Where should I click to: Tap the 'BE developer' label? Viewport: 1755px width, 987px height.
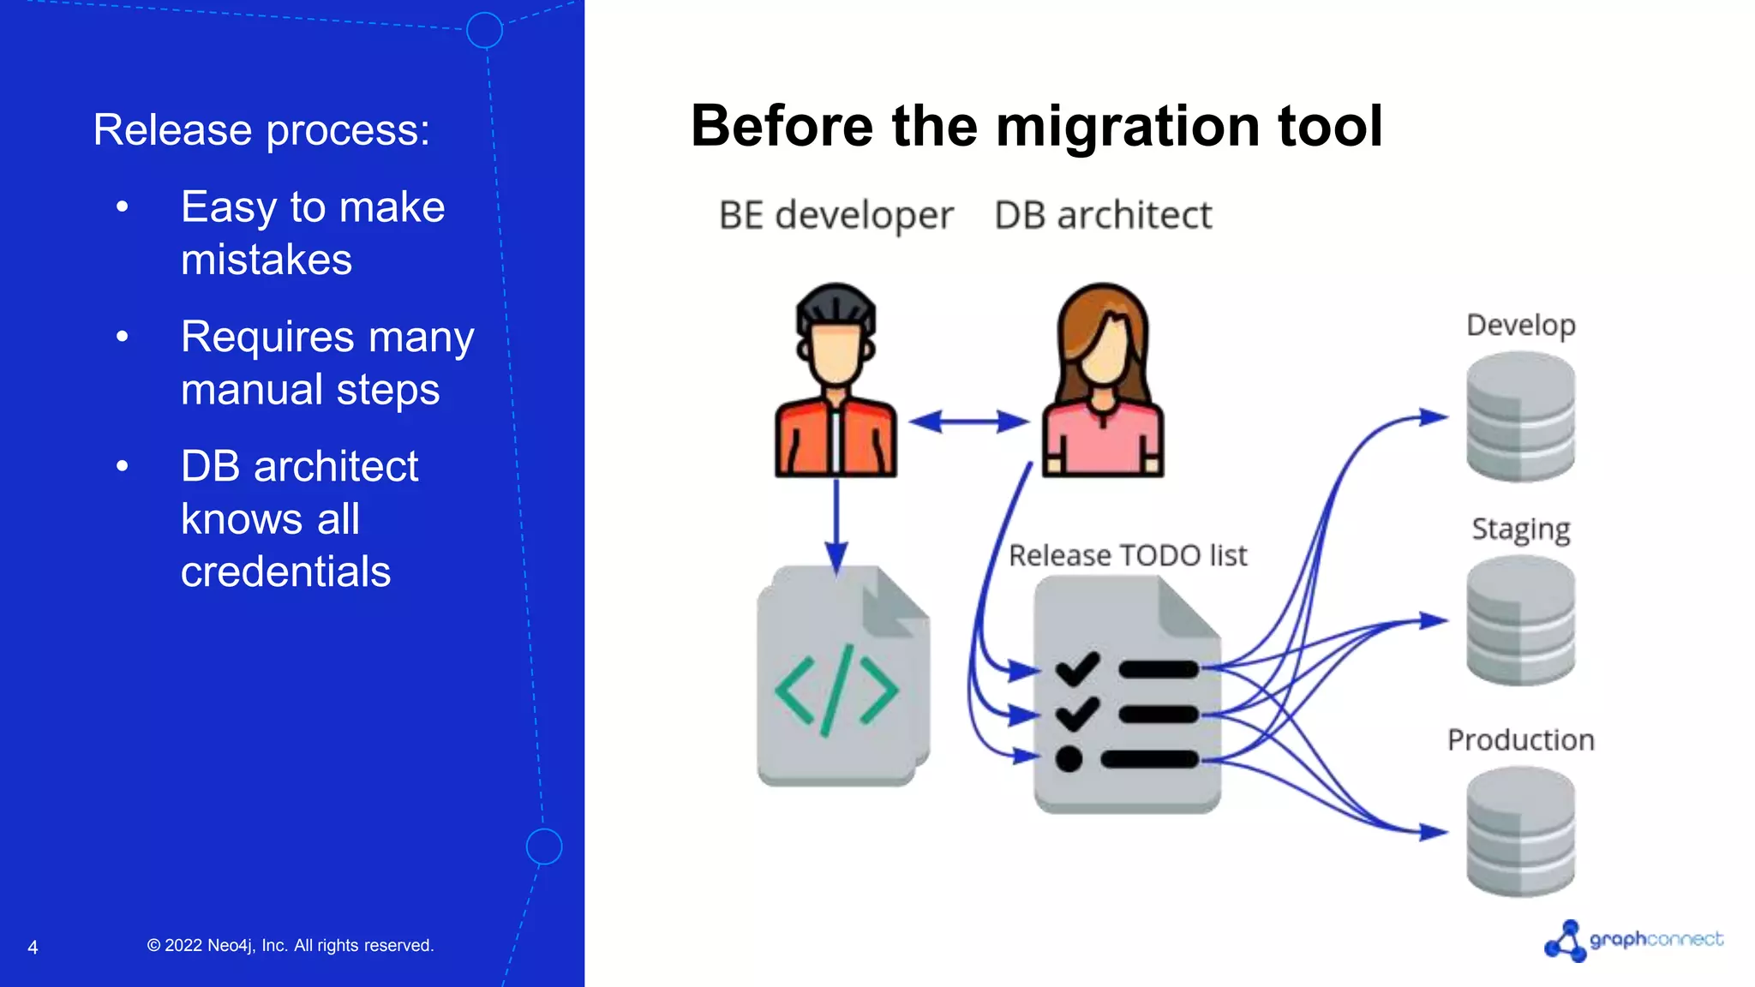click(836, 215)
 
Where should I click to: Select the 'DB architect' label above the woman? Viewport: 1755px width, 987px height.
click(1103, 215)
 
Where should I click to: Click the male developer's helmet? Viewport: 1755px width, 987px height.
click(836, 306)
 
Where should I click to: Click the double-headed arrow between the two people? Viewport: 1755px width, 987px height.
click(968, 422)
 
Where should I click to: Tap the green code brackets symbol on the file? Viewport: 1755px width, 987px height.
click(836, 691)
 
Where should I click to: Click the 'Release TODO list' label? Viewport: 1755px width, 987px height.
click(1127, 556)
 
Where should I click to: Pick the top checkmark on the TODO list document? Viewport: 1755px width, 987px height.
click(1077, 668)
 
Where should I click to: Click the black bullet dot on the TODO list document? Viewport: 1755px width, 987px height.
click(1069, 759)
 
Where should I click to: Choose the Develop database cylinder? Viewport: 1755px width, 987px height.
click(1520, 417)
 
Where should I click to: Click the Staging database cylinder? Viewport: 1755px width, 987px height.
click(1520, 620)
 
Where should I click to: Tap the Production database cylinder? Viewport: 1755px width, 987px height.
click(1520, 831)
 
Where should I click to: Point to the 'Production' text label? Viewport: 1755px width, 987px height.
click(1520, 740)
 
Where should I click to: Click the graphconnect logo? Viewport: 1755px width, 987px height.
click(1632, 940)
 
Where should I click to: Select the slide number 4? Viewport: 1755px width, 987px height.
click(33, 948)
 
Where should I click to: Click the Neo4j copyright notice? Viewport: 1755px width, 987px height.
click(291, 946)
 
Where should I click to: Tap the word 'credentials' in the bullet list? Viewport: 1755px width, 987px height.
click(285, 571)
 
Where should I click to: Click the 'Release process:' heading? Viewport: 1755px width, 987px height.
click(261, 130)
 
